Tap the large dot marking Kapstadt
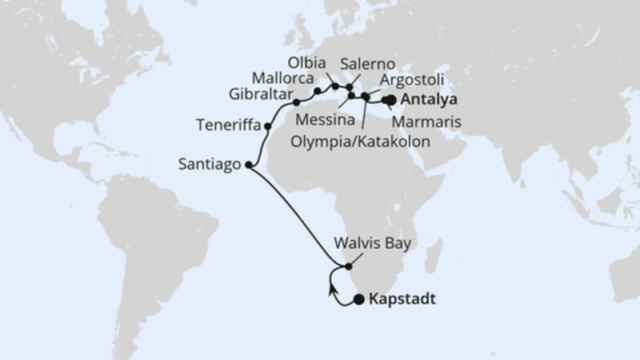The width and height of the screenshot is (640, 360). tap(359, 300)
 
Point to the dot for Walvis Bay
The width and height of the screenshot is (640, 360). tap(348, 266)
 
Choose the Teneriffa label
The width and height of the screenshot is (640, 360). tap(228, 125)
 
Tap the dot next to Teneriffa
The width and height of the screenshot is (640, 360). tap(267, 126)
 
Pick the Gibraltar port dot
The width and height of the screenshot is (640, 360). tap(296, 102)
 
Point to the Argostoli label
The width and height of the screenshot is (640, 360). tap(412, 80)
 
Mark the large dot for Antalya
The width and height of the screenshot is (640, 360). tap(392, 100)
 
